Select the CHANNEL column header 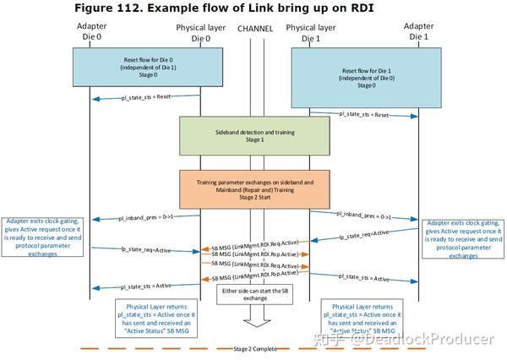coord(256,29)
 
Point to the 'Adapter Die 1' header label coord(418,32)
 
